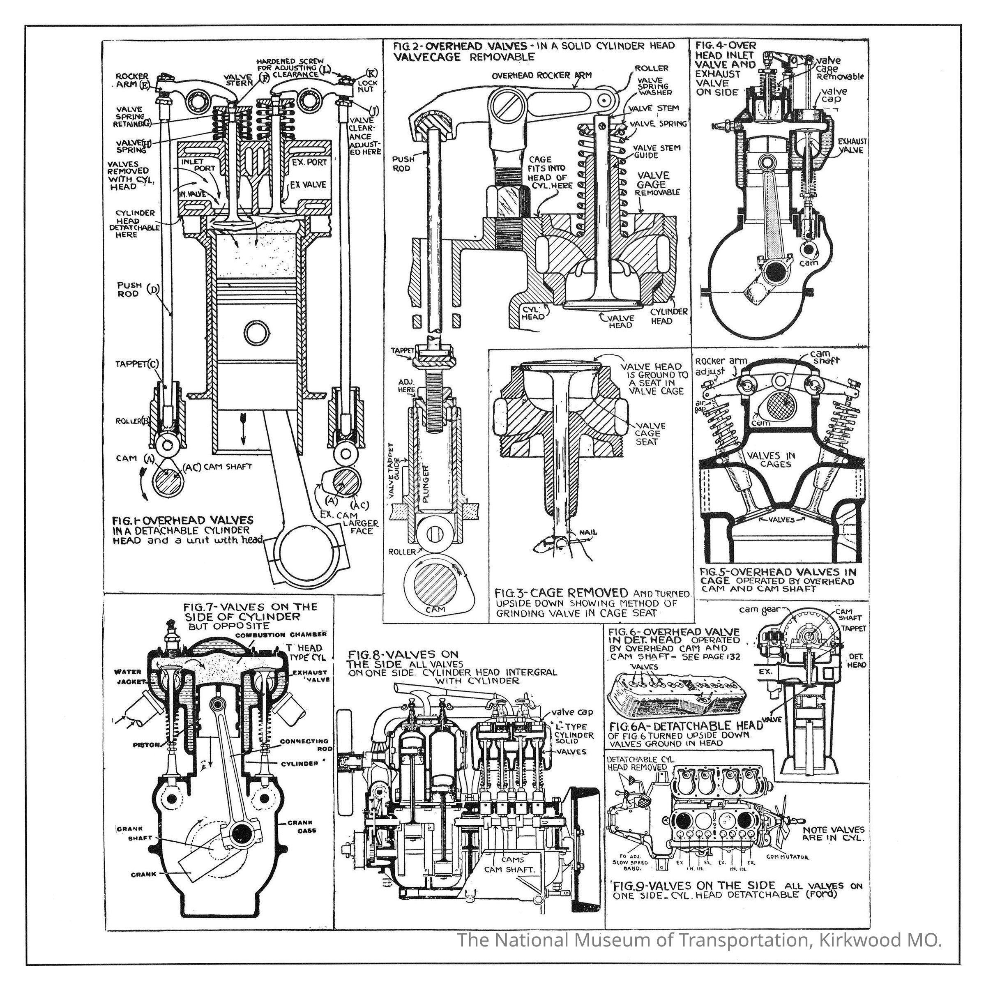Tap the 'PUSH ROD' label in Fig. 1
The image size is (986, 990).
tap(128, 290)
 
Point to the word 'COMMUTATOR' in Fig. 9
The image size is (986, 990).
tap(787, 857)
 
